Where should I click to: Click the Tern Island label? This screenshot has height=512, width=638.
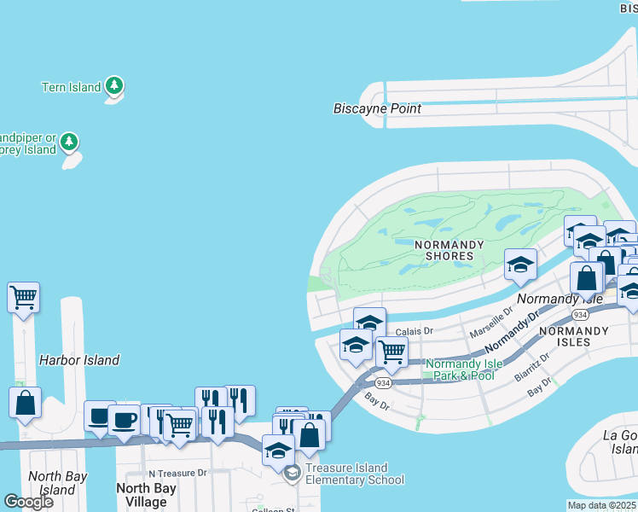(71, 87)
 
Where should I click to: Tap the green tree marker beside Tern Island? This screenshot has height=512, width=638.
(115, 86)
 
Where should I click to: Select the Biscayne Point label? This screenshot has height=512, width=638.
(377, 109)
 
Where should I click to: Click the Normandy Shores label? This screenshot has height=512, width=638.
(449, 250)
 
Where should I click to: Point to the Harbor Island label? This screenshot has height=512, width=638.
(79, 360)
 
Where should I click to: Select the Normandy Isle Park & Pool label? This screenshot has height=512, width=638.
(460, 369)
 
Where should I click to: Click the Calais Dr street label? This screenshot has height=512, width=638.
(415, 331)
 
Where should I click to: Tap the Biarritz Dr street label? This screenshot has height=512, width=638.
(533, 368)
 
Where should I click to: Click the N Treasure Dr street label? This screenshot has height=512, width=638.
(177, 473)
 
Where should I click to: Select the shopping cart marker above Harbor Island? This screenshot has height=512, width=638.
(24, 298)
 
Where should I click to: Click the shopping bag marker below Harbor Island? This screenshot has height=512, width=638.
(25, 402)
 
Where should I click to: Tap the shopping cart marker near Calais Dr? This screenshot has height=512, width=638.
(391, 351)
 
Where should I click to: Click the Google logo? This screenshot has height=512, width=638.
(29, 502)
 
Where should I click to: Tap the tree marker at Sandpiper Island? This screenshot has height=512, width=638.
(69, 141)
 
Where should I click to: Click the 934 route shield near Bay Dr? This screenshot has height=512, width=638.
(384, 384)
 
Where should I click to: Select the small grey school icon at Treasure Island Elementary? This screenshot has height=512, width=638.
(293, 473)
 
